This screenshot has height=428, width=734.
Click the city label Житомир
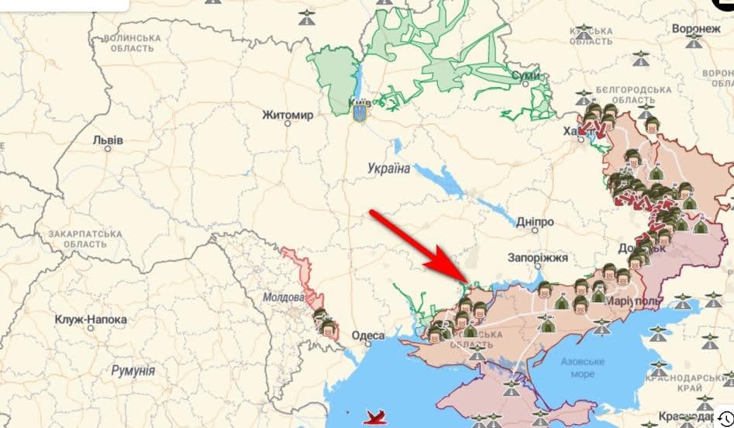(x=287, y=116)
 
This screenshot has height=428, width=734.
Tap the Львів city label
(x=107, y=140)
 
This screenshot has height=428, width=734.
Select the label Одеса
(x=367, y=335)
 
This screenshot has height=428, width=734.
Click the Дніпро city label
(x=535, y=221)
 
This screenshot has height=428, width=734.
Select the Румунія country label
(x=133, y=371)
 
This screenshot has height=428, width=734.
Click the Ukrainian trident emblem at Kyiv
(x=360, y=113)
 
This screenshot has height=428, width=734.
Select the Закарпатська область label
(x=85, y=238)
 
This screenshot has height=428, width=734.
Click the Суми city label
(x=525, y=75)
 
